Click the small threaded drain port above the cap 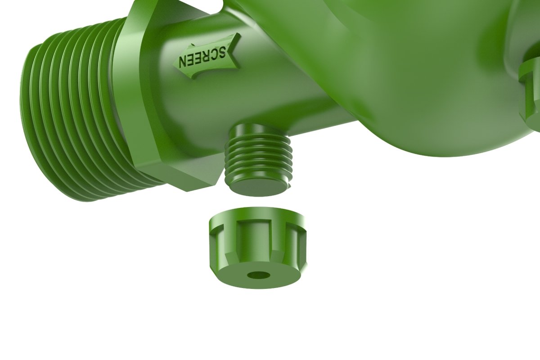coord(258,157)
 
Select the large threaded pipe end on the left coord(67,117)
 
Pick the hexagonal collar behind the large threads coord(148,103)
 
